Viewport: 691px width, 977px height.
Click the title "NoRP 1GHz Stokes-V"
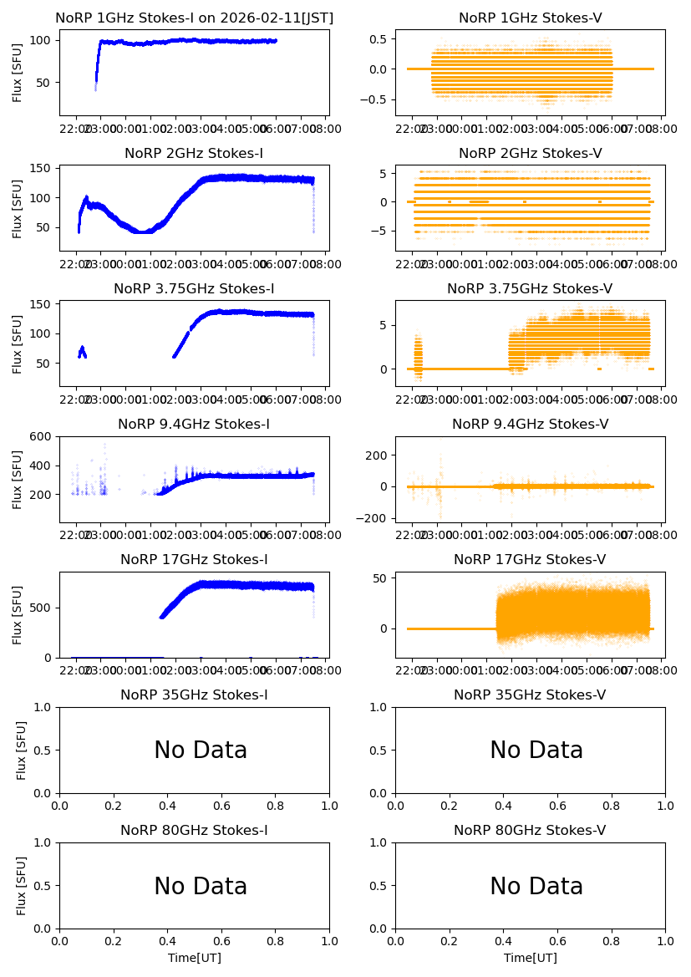point(530,18)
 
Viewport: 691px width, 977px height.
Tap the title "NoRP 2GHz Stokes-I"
point(194,154)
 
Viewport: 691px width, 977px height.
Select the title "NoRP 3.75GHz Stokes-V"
point(530,289)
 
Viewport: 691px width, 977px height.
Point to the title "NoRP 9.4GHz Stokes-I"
point(194,425)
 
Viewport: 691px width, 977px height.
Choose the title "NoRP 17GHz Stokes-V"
point(530,560)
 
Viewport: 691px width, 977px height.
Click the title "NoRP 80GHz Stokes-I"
point(194,831)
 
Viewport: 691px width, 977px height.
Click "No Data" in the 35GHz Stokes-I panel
point(201,751)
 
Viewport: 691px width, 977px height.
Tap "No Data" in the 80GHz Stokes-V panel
point(536,886)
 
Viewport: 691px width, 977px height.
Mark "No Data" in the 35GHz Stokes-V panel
point(536,751)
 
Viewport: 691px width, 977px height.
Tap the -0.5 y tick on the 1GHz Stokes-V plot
point(378,99)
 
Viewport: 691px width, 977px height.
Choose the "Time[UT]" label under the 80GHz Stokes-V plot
point(530,958)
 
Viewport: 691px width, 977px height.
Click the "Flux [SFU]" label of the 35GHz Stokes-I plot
point(21,750)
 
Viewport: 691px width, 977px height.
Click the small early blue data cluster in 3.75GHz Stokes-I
point(82,352)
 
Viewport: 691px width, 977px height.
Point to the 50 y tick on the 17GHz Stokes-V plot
point(381,578)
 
